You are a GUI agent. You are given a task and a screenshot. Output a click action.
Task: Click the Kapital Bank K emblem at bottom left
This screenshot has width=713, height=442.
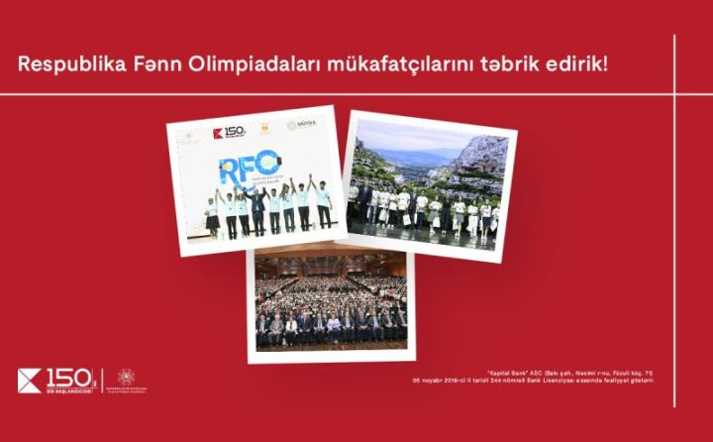pos(30,380)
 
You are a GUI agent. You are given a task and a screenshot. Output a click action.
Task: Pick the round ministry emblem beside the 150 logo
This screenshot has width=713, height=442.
pos(126,377)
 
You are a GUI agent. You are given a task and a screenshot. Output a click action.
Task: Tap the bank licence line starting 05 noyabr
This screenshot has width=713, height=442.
pos(535,381)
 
